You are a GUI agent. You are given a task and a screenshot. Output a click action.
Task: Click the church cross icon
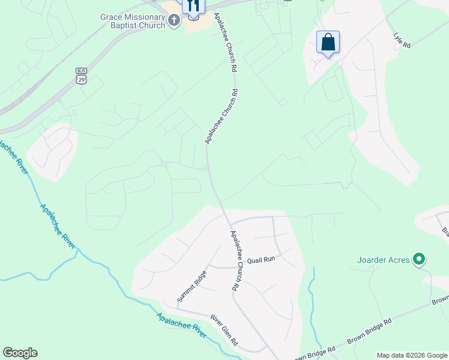click(x=174, y=22)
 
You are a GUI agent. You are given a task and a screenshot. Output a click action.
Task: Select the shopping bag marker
click(x=328, y=43)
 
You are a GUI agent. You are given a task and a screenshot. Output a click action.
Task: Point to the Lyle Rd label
click(x=402, y=40)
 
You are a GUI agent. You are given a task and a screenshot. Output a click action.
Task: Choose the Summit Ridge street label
click(x=191, y=286)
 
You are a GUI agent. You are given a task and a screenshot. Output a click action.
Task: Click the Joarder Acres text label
click(x=383, y=260)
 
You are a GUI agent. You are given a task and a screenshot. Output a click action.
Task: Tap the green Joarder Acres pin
click(x=420, y=260)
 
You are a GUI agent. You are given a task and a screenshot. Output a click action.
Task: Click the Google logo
click(x=20, y=353)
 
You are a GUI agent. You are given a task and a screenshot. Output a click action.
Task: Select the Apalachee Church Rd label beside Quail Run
click(x=237, y=262)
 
